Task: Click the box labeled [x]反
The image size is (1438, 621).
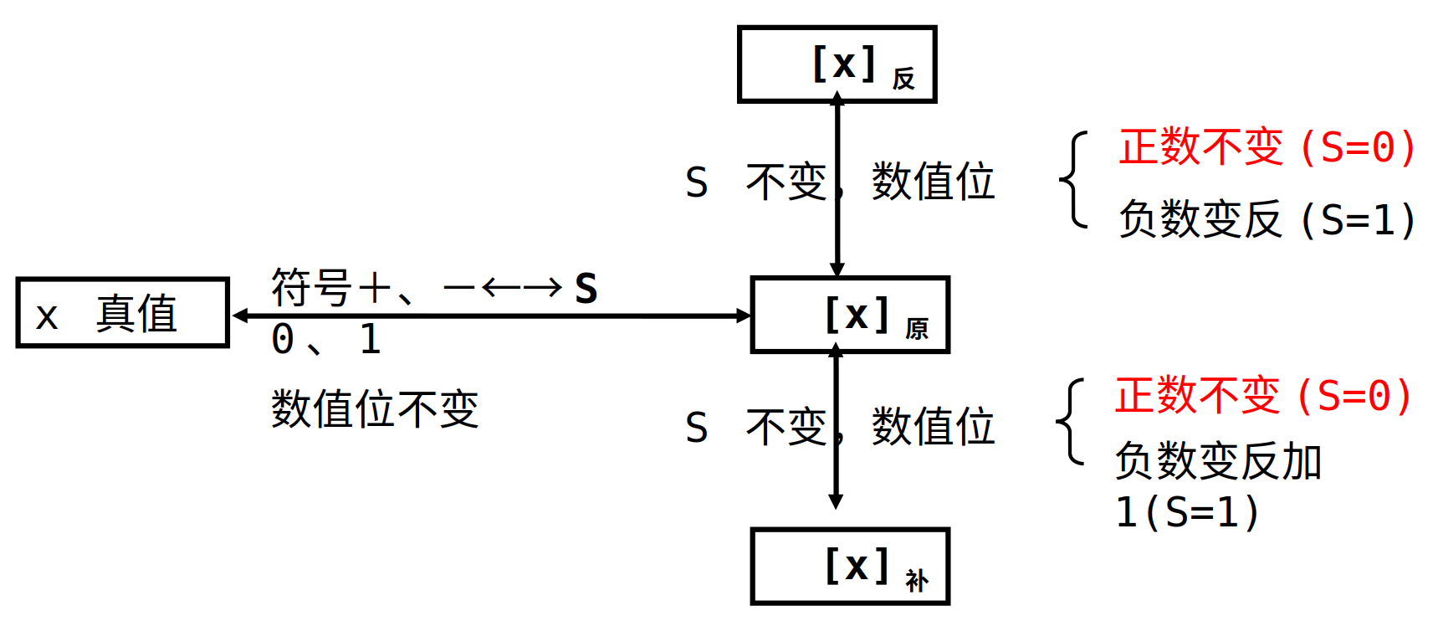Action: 837,64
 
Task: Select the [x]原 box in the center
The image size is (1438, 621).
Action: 850,315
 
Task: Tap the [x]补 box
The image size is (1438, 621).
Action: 850,567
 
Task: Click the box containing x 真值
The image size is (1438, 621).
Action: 122,313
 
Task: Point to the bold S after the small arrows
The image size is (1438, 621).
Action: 586,290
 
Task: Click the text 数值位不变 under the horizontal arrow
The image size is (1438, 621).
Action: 375,409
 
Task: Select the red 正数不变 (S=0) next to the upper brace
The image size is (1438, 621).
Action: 1267,147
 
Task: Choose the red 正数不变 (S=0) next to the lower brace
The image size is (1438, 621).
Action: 1263,396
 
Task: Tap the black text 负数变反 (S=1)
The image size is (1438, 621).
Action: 1267,220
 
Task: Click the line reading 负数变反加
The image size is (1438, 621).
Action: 1218,461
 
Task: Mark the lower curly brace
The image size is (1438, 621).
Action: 1072,421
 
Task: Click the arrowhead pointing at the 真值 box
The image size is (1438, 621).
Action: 241,316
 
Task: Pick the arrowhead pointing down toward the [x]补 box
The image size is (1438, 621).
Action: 836,501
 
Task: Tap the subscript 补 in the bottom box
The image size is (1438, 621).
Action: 916,581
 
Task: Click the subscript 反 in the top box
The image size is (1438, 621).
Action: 903,79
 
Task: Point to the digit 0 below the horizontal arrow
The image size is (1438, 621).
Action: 283,340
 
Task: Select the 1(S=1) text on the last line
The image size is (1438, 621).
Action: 1187,512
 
